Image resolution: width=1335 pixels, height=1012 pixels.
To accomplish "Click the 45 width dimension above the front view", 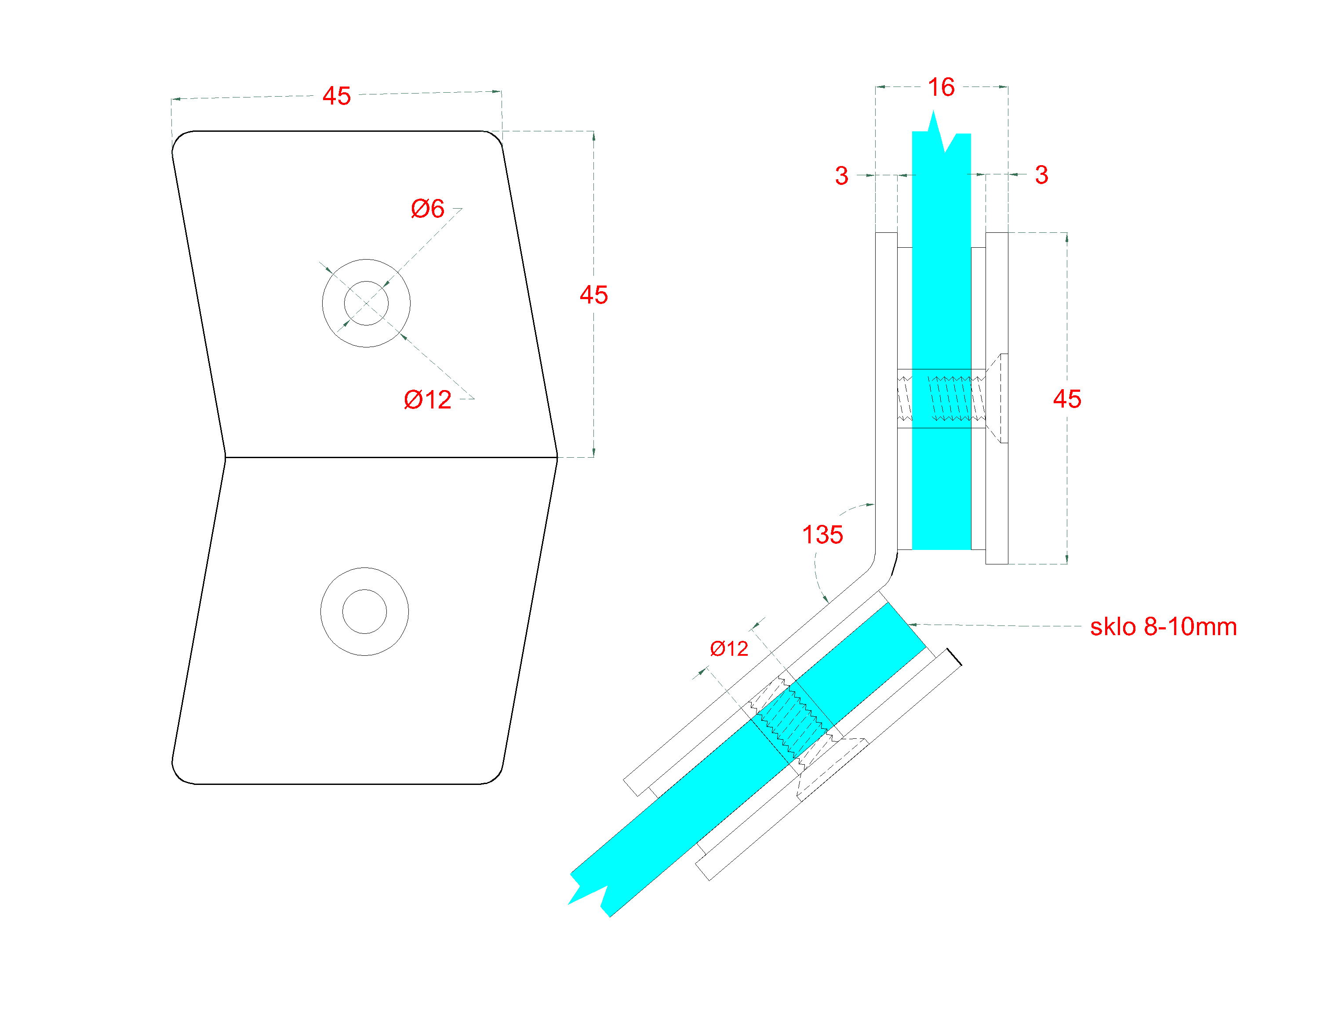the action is pyautogui.click(x=336, y=96).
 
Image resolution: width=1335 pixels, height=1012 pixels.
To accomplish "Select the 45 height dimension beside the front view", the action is pyautogui.click(x=593, y=295).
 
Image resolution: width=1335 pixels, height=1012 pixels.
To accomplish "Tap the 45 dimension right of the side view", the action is pyautogui.click(x=1066, y=399).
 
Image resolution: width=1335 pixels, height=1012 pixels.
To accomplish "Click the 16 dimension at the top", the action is pyautogui.click(x=941, y=87).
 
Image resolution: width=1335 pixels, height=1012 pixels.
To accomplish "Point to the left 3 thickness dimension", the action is pyautogui.click(x=841, y=176).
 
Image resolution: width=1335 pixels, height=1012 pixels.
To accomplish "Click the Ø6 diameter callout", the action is pyautogui.click(x=427, y=209).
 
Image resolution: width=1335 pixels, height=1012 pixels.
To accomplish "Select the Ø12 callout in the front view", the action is pyautogui.click(x=427, y=400).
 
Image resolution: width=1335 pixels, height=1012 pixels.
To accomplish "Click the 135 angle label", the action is pyautogui.click(x=822, y=535).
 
